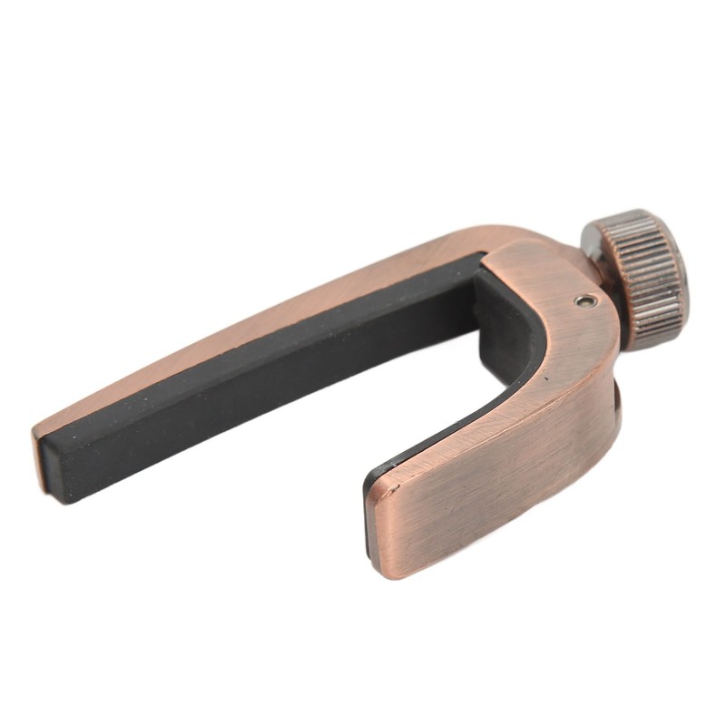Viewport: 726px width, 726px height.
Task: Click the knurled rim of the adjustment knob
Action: pyautogui.click(x=644, y=272)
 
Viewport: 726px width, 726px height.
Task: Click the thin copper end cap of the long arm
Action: pyautogui.click(x=40, y=459)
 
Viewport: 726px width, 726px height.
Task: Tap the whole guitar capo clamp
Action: pyautogui.click(x=408, y=381)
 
